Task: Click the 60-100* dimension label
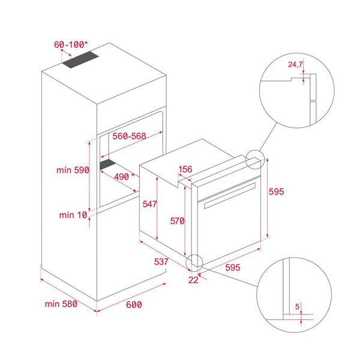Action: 71,44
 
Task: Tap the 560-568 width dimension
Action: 129,136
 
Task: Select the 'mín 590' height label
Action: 73,170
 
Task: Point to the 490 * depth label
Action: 124,176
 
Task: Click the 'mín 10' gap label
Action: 73,215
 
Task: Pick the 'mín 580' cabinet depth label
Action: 61,304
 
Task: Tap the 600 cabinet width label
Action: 134,305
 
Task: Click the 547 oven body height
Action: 149,204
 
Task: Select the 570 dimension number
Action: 177,221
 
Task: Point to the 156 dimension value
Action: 185,169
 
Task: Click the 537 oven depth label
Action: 161,262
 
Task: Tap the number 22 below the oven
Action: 193,280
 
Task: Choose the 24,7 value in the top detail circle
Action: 295,65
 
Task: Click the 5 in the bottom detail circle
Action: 298,307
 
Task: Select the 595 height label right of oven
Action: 277,191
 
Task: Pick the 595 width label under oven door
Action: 233,268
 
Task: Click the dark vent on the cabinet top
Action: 80,59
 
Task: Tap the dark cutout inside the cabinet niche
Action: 108,164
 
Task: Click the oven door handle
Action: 230,196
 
